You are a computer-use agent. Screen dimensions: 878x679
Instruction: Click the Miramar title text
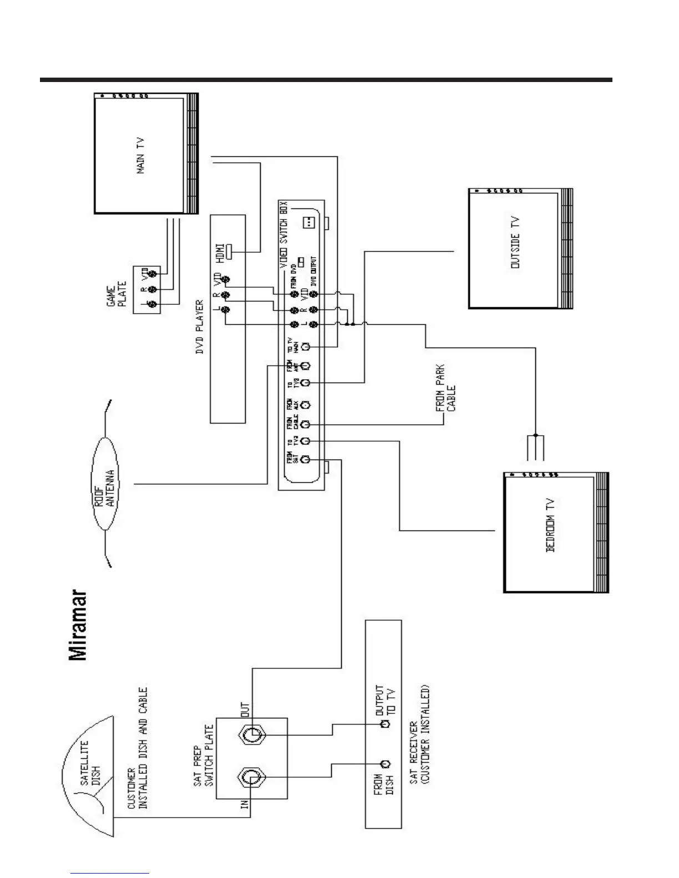tap(78, 625)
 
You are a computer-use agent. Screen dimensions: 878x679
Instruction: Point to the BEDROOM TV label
tap(550, 525)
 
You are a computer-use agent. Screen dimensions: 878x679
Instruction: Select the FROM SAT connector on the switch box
tap(305, 460)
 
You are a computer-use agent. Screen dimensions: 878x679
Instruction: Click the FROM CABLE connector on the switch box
tap(305, 425)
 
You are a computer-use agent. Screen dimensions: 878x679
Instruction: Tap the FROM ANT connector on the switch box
tap(305, 366)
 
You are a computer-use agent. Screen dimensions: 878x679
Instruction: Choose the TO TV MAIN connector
tap(305, 346)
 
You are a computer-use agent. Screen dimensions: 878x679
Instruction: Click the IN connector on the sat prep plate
tap(251, 779)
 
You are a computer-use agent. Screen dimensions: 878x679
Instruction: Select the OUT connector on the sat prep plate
tap(251, 736)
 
